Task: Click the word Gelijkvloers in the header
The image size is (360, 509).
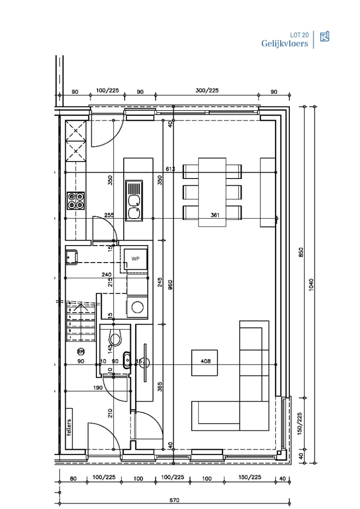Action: click(x=285, y=44)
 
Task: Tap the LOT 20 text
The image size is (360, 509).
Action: click(x=299, y=35)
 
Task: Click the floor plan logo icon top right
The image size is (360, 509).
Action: click(x=324, y=37)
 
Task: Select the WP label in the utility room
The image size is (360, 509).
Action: click(x=135, y=259)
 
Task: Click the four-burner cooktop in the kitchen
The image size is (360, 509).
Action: click(x=76, y=201)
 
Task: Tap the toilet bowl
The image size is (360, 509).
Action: click(x=116, y=339)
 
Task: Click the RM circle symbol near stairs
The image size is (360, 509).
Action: click(x=81, y=351)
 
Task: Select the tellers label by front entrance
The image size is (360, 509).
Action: click(x=69, y=428)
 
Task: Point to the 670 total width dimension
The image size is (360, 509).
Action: click(x=175, y=500)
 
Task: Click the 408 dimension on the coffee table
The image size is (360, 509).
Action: click(x=206, y=361)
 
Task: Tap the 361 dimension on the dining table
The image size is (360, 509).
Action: click(x=215, y=214)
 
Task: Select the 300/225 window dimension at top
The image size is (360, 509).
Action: click(x=207, y=90)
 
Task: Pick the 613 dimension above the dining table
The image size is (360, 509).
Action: click(x=170, y=169)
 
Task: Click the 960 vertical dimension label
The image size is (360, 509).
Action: click(x=170, y=285)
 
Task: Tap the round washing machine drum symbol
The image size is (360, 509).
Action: click(x=138, y=308)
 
